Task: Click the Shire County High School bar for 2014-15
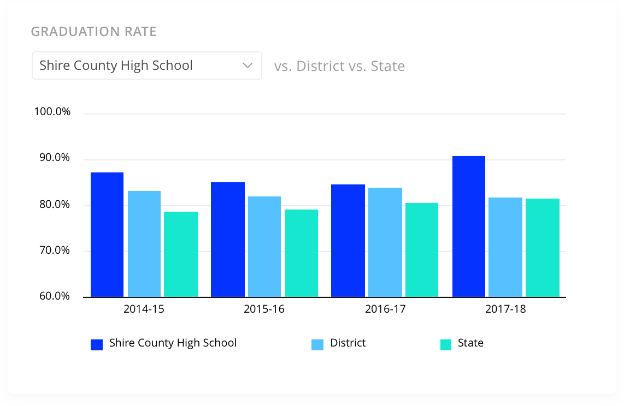tap(107, 235)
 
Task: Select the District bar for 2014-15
tap(144, 244)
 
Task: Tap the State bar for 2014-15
tap(181, 254)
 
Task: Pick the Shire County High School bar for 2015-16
tap(228, 240)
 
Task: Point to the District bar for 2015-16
tap(264, 247)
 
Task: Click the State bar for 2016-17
tap(422, 250)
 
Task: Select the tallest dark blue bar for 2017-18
tap(469, 226)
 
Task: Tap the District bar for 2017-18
tap(505, 247)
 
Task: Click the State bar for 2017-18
tap(543, 248)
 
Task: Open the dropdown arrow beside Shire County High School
tap(247, 65)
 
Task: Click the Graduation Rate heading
tap(93, 32)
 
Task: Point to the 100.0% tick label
tap(52, 112)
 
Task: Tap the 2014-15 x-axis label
tap(144, 309)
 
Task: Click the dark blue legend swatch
tap(97, 344)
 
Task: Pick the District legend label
tap(348, 343)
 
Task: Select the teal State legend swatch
tap(446, 344)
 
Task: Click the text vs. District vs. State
tap(339, 67)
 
